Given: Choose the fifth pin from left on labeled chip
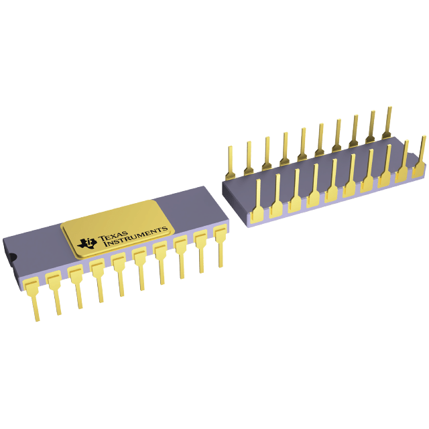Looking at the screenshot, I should (119, 271).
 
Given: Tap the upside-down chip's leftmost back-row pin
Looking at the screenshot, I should (230, 158).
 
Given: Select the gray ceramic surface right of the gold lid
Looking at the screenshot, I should (194, 208).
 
